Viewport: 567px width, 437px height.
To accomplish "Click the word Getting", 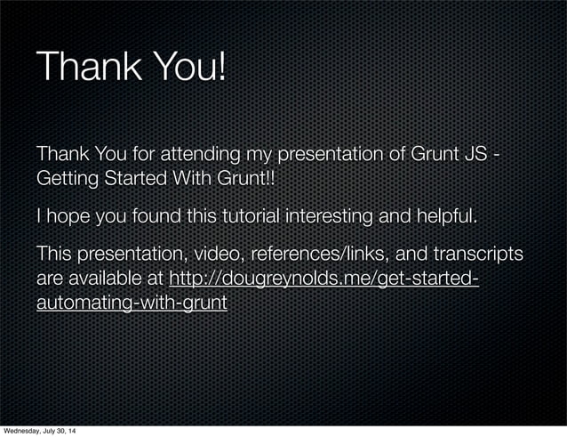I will tap(66, 179).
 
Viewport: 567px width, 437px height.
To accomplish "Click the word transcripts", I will tap(477, 255).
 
